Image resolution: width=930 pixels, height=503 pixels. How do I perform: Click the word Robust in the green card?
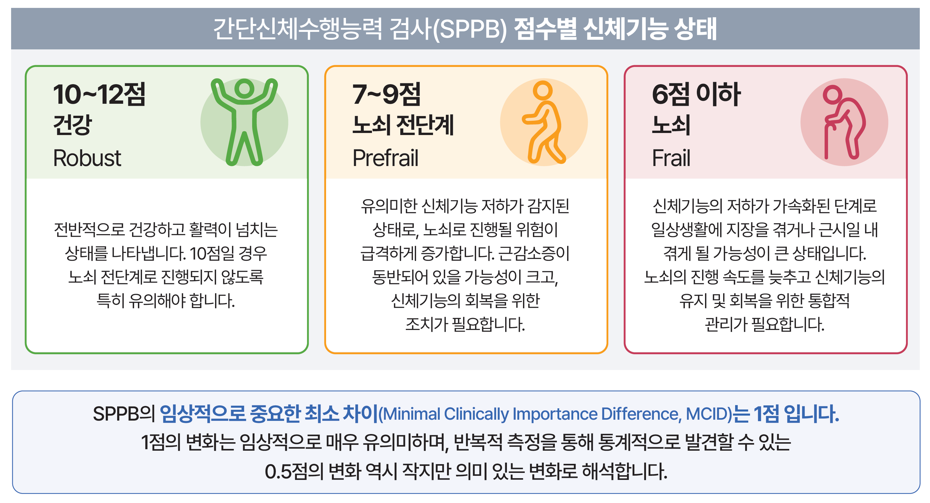(87, 158)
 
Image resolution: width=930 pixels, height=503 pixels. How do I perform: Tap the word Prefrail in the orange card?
(385, 158)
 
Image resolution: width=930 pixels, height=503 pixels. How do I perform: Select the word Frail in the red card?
(671, 158)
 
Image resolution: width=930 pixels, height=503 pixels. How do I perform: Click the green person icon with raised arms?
(245, 122)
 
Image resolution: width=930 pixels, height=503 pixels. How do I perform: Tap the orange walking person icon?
(544, 122)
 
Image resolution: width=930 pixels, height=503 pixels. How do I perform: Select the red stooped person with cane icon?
(844, 122)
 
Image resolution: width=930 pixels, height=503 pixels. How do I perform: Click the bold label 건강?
(72, 125)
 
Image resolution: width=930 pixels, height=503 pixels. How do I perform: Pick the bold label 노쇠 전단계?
(403, 125)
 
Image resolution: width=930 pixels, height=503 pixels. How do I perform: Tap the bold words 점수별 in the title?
(545, 29)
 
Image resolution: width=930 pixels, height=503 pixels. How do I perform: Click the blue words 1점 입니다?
(796, 414)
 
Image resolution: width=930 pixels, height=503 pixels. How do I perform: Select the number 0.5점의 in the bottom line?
(294, 472)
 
